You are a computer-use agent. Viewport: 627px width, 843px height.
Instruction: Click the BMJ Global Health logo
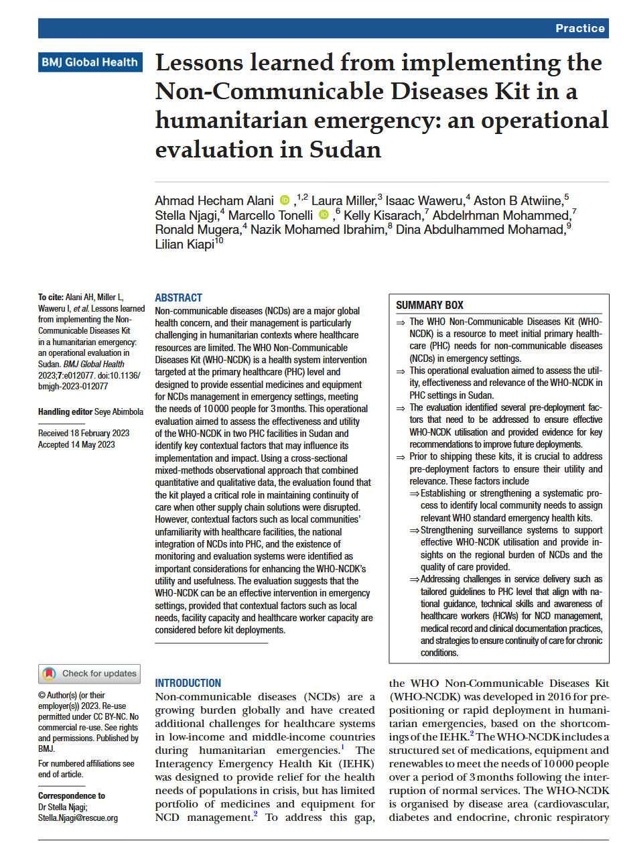point(90,62)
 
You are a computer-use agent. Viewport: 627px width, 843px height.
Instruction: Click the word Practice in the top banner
point(579,28)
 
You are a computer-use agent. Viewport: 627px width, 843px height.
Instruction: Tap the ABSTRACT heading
point(178,298)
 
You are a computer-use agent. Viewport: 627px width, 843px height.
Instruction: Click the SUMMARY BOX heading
point(429,305)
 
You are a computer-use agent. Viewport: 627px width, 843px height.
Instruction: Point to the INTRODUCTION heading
point(188,683)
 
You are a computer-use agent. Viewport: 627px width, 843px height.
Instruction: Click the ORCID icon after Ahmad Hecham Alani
point(285,200)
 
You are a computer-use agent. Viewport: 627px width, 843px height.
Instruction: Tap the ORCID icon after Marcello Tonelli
point(324,214)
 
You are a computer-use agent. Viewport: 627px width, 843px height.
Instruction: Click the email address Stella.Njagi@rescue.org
point(78,818)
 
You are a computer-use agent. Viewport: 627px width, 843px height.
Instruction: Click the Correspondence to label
point(72,795)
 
